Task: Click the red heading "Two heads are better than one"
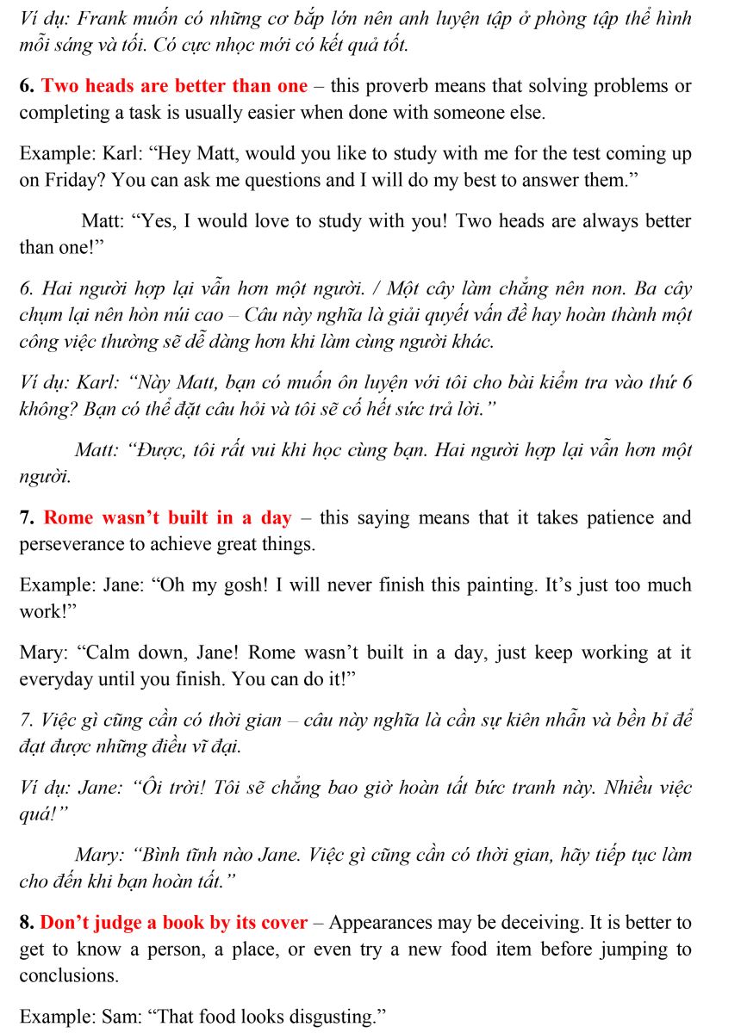click(x=174, y=86)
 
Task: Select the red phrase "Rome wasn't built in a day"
click(x=168, y=518)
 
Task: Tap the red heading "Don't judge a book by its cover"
click(x=174, y=923)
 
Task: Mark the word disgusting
click(x=329, y=1017)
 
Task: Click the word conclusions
click(x=69, y=976)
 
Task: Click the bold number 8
click(x=26, y=923)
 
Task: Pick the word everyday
click(x=56, y=679)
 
